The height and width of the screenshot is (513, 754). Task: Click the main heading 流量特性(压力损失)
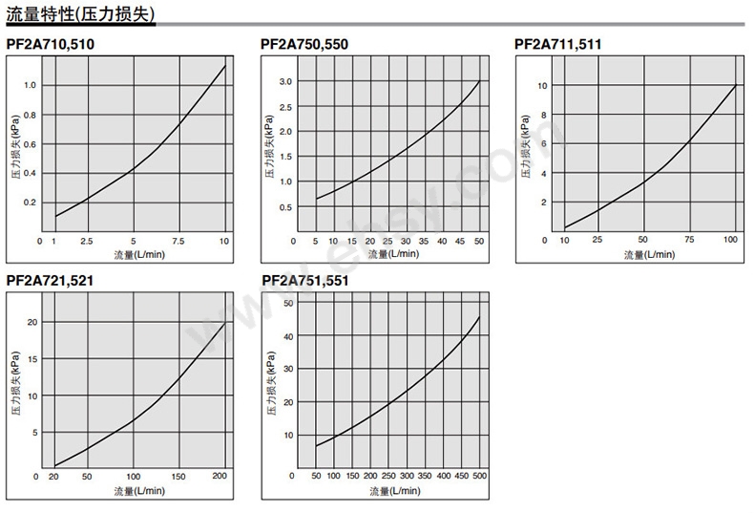click(x=80, y=14)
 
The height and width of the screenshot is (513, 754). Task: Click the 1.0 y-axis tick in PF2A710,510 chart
click(x=30, y=85)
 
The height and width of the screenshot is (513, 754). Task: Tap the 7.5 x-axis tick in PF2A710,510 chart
click(x=178, y=241)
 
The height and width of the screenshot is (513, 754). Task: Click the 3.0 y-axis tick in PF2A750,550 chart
click(x=285, y=81)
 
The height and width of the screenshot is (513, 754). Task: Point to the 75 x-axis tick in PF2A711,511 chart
click(x=689, y=241)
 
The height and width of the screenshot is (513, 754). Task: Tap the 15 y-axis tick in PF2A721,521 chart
click(x=31, y=358)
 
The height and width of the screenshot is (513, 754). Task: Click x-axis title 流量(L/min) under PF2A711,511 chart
click(x=649, y=254)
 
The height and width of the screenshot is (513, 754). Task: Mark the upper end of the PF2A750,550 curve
click(x=479, y=80)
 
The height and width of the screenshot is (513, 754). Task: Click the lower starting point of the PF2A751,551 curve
click(x=316, y=446)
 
